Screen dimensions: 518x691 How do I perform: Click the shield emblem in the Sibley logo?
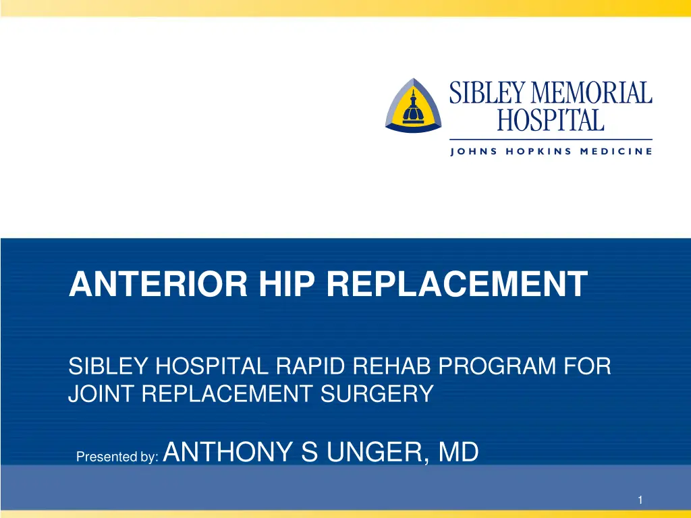[x=413, y=106]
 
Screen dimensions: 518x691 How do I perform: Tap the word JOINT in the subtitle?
[x=99, y=393]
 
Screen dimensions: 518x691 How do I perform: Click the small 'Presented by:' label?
[x=118, y=457]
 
